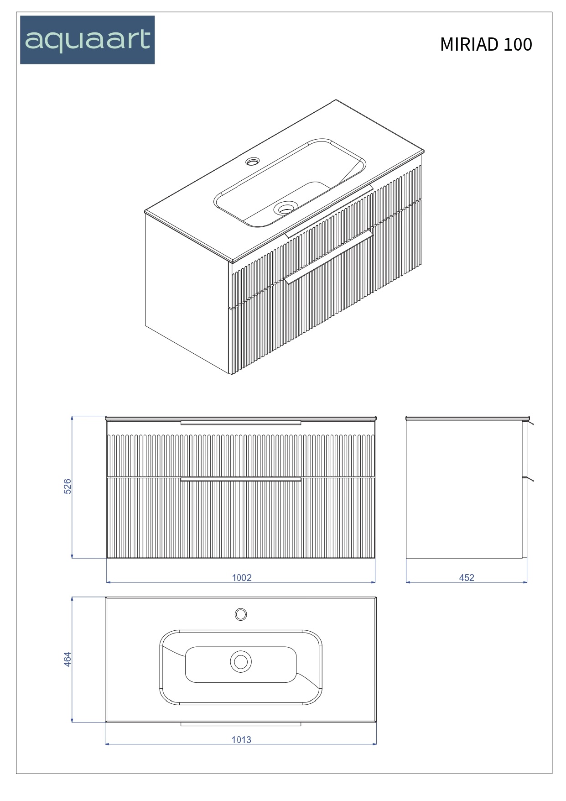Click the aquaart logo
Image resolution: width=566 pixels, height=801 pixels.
tap(87, 40)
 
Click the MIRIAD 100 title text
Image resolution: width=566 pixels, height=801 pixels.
tap(486, 44)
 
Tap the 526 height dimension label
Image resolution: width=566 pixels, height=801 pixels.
tap(68, 486)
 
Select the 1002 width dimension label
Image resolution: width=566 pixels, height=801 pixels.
tap(242, 577)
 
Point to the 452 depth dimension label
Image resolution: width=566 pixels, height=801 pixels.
tap(467, 577)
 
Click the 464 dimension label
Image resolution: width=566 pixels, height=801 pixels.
tap(68, 659)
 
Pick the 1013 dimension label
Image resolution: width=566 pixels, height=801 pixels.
tap(241, 739)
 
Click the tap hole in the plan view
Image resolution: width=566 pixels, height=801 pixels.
tap(241, 614)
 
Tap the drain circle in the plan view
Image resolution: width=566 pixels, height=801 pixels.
tap(241, 661)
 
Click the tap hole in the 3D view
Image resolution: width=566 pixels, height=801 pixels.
tap(252, 161)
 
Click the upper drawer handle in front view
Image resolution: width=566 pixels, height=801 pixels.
tap(241, 423)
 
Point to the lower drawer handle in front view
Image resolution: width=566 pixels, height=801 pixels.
tap(241, 479)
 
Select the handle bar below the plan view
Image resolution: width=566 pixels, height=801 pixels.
tap(241, 724)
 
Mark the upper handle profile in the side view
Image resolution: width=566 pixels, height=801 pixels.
tap(530, 424)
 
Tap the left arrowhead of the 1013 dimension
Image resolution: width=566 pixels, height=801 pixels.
tap(108, 744)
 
